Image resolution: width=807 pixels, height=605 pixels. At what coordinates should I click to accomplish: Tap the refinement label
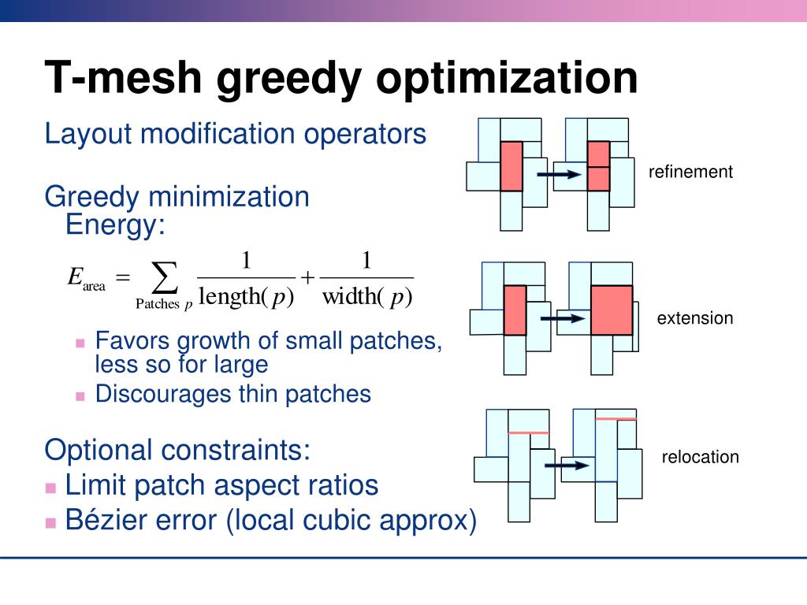point(690,172)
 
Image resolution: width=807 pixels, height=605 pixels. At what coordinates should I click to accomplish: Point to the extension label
point(695,318)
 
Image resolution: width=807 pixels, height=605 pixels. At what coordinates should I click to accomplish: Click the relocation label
point(700,457)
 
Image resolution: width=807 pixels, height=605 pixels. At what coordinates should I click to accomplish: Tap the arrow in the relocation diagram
point(567,465)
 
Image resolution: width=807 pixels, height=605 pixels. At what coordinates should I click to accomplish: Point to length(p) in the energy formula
point(245,297)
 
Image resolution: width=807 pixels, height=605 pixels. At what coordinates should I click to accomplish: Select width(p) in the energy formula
point(367,297)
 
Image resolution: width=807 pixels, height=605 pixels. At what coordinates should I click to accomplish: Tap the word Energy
point(115,226)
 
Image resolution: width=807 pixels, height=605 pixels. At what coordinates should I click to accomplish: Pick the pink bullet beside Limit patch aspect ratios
point(51,487)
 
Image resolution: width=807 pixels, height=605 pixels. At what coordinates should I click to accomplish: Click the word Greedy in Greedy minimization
point(91,196)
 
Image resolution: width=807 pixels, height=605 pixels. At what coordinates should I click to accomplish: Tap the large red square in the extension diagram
point(612,310)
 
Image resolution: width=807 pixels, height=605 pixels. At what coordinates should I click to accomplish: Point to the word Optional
point(98,451)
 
